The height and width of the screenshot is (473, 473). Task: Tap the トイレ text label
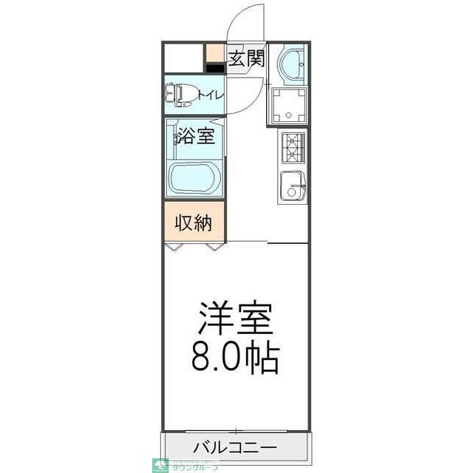[211, 95]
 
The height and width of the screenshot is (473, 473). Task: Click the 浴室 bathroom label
[195, 136]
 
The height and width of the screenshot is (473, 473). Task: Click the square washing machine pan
[287, 106]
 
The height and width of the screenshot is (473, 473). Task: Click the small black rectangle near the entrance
[215, 69]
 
